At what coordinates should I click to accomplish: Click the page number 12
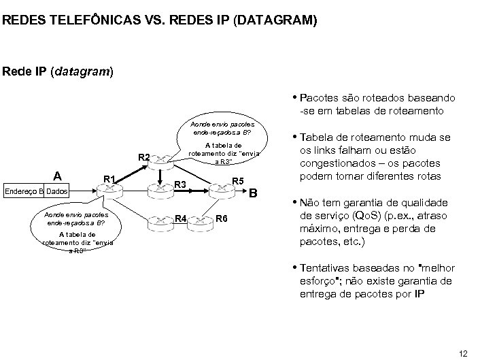(x=464, y=352)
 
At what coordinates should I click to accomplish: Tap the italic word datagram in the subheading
(x=77, y=71)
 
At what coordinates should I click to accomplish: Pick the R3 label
(x=179, y=184)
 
